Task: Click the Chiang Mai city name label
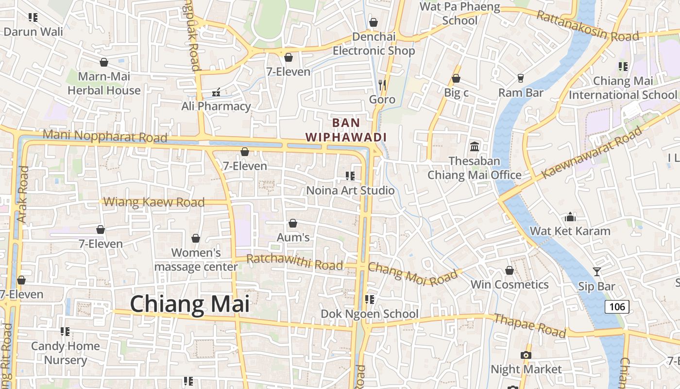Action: (x=189, y=304)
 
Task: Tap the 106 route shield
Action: (x=617, y=306)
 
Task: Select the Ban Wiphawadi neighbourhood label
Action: (x=346, y=130)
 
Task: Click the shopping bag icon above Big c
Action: (x=456, y=78)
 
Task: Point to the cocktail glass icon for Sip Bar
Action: (x=597, y=272)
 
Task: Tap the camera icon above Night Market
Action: (x=526, y=355)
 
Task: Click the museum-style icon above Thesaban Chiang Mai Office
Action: (x=474, y=146)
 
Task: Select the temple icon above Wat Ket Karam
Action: (x=570, y=216)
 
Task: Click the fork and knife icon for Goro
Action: (x=382, y=85)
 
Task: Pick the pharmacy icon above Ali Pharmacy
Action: (x=216, y=92)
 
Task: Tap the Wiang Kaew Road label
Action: (x=154, y=202)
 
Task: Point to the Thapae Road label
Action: (x=530, y=325)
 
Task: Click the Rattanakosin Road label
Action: (x=587, y=27)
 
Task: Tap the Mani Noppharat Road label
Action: (x=105, y=136)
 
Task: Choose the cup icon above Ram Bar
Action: (x=521, y=78)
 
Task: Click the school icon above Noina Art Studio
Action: (x=350, y=176)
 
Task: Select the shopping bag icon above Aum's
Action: (x=293, y=223)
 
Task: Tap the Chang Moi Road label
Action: (x=413, y=274)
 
